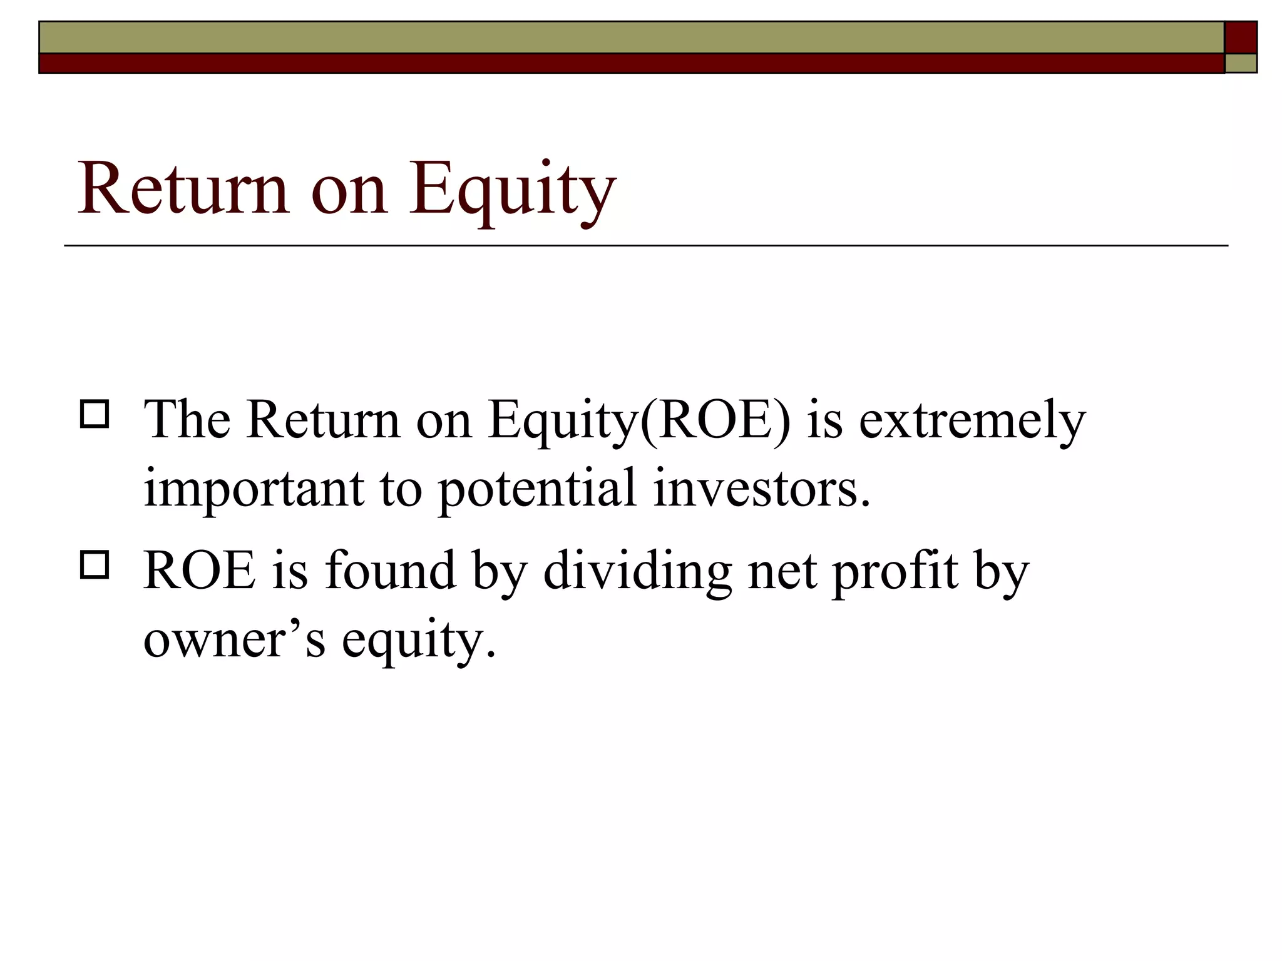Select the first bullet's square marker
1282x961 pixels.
point(95,414)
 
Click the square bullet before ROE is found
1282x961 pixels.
point(95,564)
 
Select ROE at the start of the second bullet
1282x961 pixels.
point(200,571)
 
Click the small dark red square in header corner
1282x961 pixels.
point(1241,38)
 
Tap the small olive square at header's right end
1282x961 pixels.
point(1241,63)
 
